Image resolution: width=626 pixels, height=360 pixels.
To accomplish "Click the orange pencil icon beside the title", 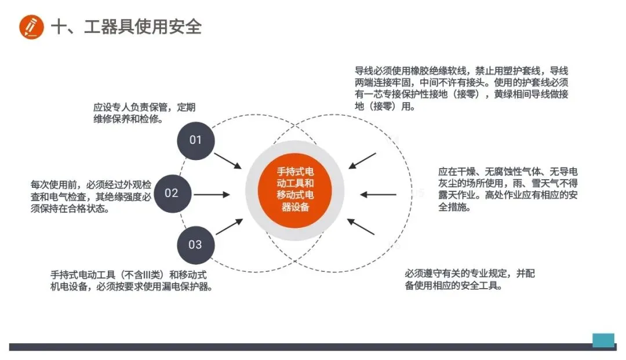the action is pyautogui.click(x=31, y=27).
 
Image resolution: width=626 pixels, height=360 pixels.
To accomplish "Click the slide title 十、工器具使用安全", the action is pyautogui.click(x=126, y=27).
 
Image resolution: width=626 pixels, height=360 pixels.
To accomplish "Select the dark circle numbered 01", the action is pyautogui.click(x=196, y=140).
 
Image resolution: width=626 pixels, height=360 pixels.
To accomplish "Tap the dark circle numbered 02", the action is pyautogui.click(x=172, y=193).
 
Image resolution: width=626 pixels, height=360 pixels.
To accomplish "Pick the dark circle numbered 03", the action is pyautogui.click(x=195, y=244).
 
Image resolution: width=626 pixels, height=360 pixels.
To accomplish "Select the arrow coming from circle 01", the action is pyautogui.click(x=228, y=161).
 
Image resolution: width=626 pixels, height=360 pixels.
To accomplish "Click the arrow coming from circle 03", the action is pyautogui.click(x=229, y=227).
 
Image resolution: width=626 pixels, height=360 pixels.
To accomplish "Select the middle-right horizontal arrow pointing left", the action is pyautogui.click(x=378, y=195).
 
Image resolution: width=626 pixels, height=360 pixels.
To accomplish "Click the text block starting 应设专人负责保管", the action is pyautogui.click(x=144, y=113).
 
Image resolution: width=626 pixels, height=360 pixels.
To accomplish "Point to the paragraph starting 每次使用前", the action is pyautogui.click(x=91, y=197).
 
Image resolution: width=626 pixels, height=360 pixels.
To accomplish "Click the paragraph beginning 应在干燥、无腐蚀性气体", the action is pyautogui.click(x=508, y=189).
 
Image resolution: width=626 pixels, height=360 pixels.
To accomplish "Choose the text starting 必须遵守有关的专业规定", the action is pyautogui.click(x=469, y=279).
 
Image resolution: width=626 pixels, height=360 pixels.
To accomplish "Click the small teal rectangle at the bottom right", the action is pyautogui.click(x=603, y=340).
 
